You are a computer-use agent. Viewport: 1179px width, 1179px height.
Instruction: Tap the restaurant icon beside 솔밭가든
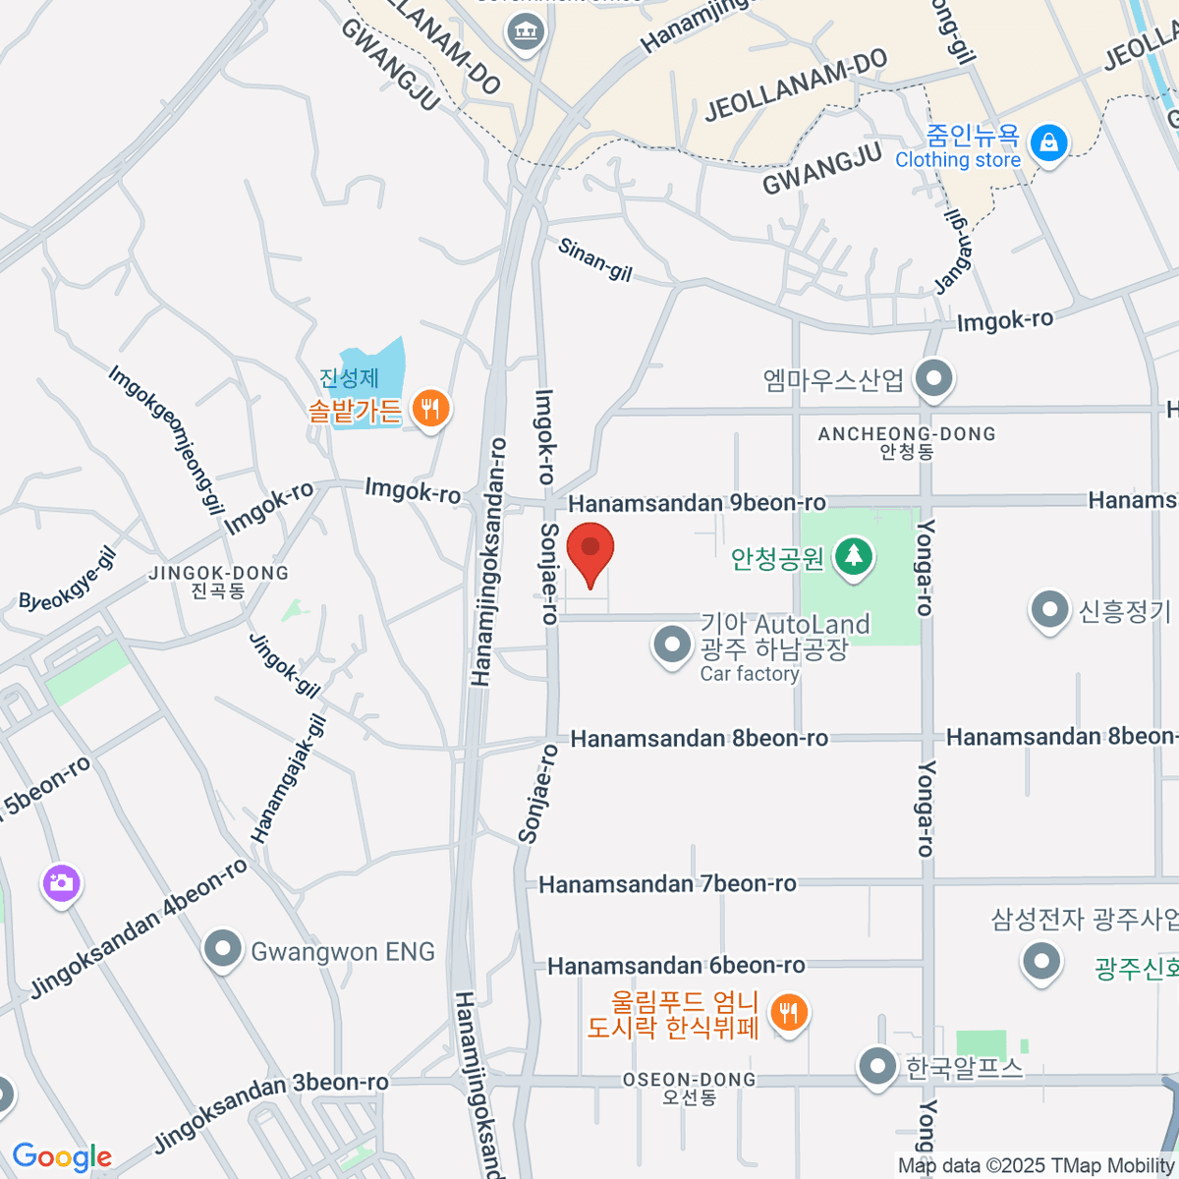[429, 407]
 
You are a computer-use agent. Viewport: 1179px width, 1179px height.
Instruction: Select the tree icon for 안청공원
[854, 557]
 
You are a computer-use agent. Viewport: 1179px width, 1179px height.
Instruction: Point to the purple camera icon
[61, 883]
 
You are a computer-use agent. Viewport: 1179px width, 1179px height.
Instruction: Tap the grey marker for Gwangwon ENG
[223, 950]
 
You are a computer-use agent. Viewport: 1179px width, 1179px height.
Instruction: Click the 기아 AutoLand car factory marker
[673, 646]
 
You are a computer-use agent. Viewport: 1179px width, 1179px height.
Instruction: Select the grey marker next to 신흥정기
[1049, 610]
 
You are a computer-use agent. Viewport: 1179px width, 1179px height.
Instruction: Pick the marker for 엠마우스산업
[933, 377]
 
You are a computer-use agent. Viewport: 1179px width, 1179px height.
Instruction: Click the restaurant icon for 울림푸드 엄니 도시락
[788, 1011]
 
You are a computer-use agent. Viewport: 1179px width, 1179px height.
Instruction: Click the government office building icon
[526, 31]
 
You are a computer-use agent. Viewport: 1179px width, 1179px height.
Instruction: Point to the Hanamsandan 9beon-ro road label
[697, 504]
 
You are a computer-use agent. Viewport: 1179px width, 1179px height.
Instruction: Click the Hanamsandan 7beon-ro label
[667, 884]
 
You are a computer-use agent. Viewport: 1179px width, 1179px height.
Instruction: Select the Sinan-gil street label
[594, 259]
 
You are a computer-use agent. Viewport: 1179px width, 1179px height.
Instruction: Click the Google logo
[62, 1157]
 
